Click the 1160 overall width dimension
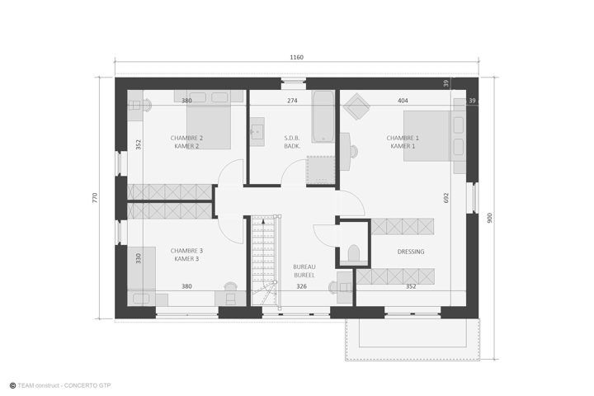(x=297, y=57)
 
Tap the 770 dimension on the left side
(x=95, y=197)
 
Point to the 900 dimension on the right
(x=489, y=218)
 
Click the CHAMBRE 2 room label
(x=186, y=138)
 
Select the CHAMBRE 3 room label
(x=186, y=251)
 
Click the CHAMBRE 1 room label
(x=403, y=138)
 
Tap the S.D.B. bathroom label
(x=292, y=138)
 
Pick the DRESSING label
(x=411, y=252)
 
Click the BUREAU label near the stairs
(x=304, y=266)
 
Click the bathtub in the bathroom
(x=323, y=116)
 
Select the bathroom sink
(x=257, y=131)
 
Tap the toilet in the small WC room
(x=353, y=253)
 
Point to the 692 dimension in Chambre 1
(x=445, y=198)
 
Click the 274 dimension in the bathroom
(x=292, y=101)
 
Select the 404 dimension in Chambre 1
(x=403, y=101)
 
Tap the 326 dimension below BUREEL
(x=302, y=286)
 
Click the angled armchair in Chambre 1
(x=356, y=106)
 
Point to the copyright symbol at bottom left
(x=12, y=385)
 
